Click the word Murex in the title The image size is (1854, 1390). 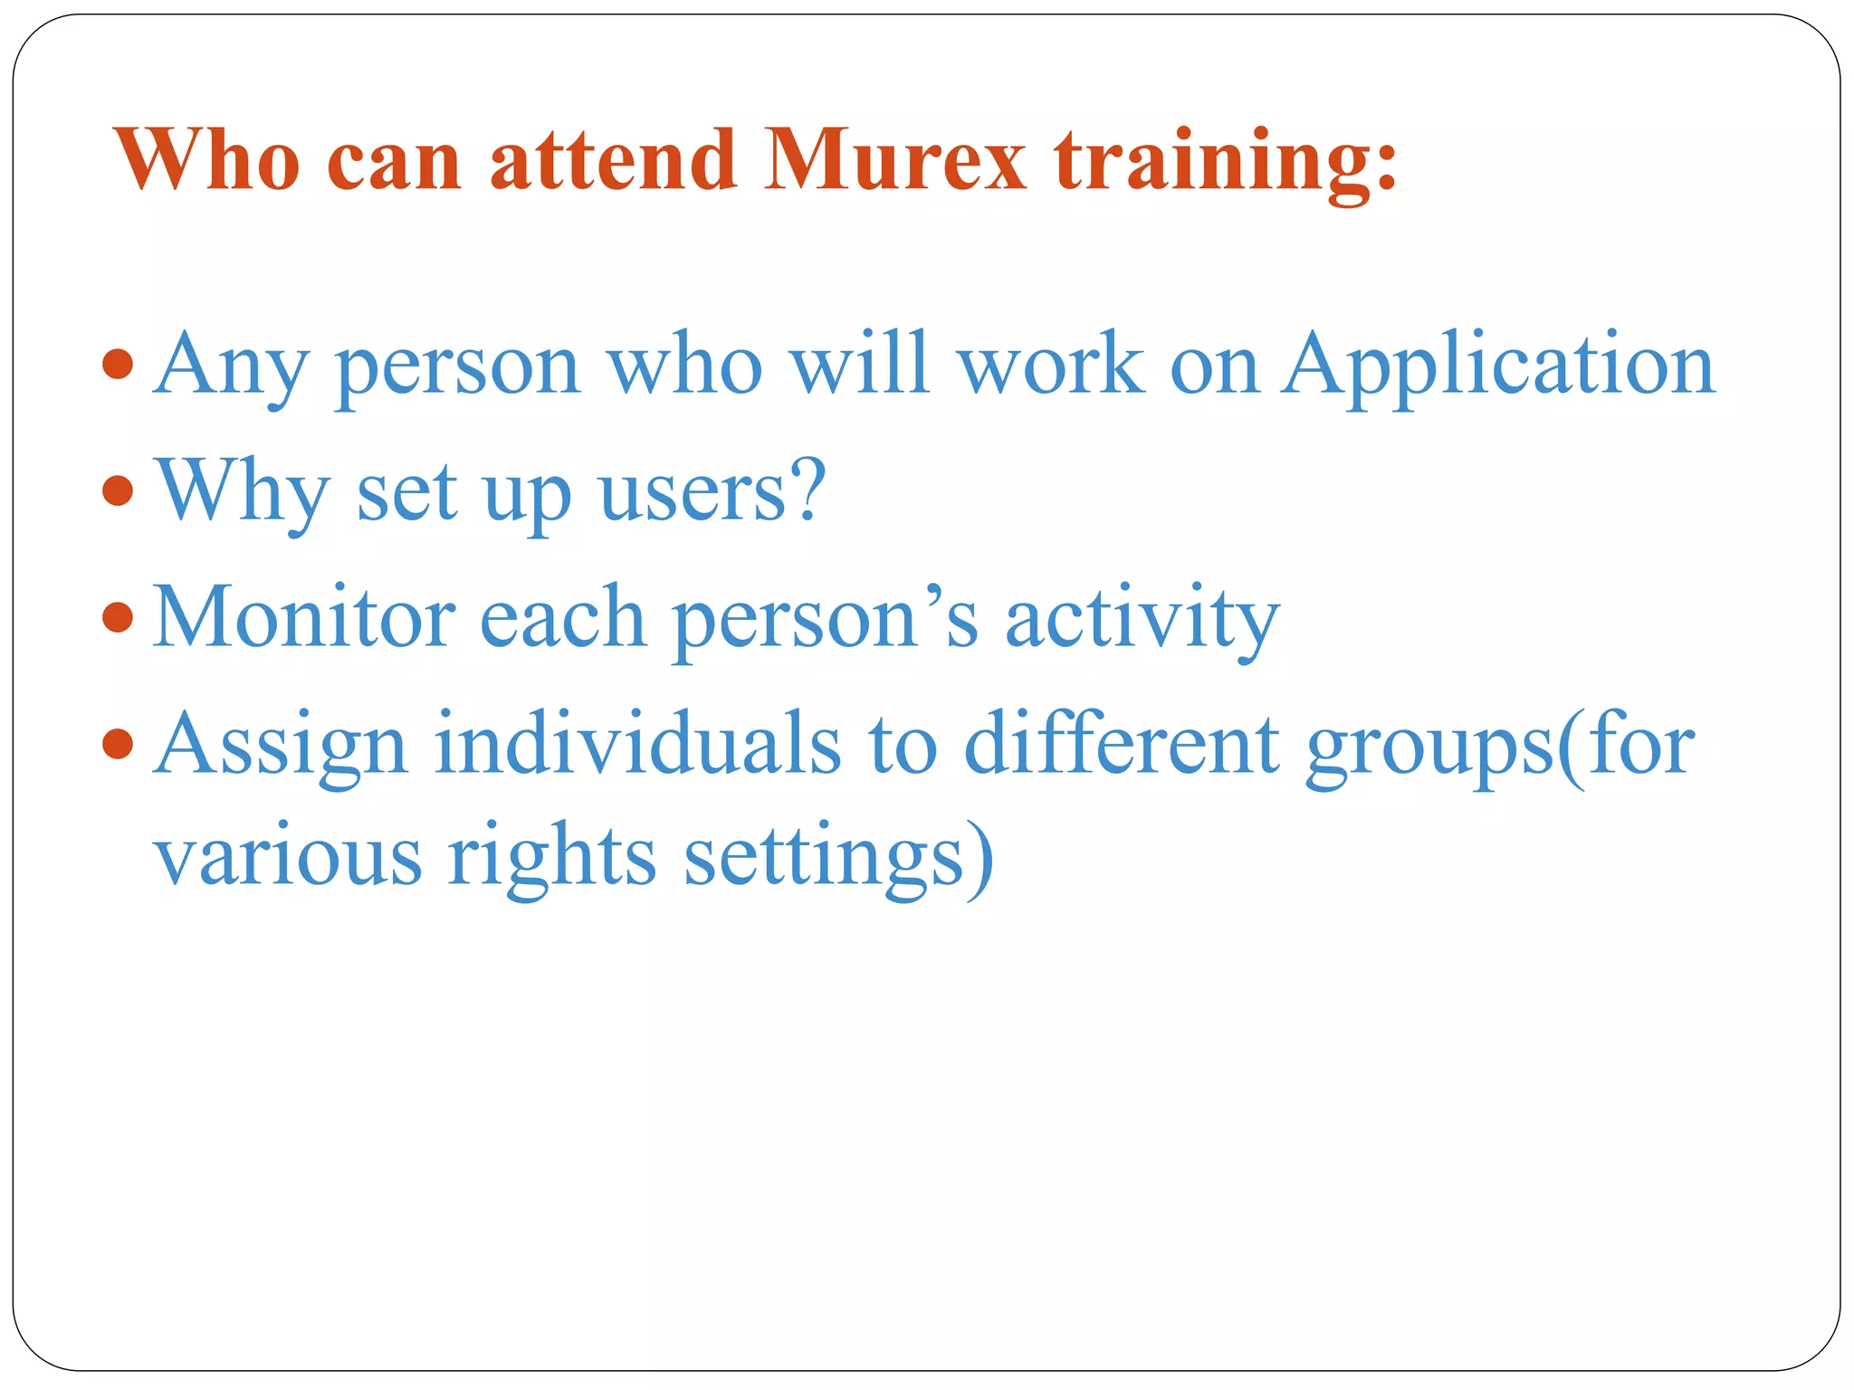pyautogui.click(x=894, y=160)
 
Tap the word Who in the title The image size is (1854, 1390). pyautogui.click(x=208, y=160)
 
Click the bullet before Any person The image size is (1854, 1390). pyautogui.click(x=119, y=365)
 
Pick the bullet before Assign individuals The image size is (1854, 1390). pyautogui.click(x=119, y=745)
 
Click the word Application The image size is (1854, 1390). pyautogui.click(x=1498, y=367)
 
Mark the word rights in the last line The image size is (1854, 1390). pyautogui.click(x=551, y=857)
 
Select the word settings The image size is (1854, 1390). pyautogui.click(x=824, y=857)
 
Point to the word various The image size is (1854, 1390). pyautogui.click(x=288, y=857)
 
